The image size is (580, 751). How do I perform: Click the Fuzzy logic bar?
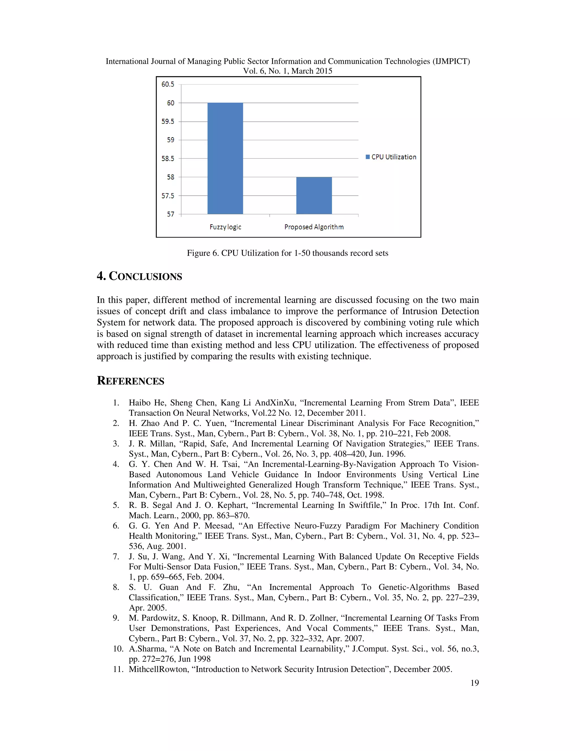click(225, 158)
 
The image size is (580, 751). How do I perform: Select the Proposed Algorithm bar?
click(314, 195)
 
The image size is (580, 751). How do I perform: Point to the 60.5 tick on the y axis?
click(168, 84)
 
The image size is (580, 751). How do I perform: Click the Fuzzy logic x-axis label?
click(225, 227)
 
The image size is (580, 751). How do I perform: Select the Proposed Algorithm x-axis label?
click(314, 227)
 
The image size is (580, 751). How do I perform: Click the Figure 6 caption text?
click(287, 253)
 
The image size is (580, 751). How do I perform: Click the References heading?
click(131, 381)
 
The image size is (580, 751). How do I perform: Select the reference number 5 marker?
click(116, 505)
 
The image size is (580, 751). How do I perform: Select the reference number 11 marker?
click(118, 669)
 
